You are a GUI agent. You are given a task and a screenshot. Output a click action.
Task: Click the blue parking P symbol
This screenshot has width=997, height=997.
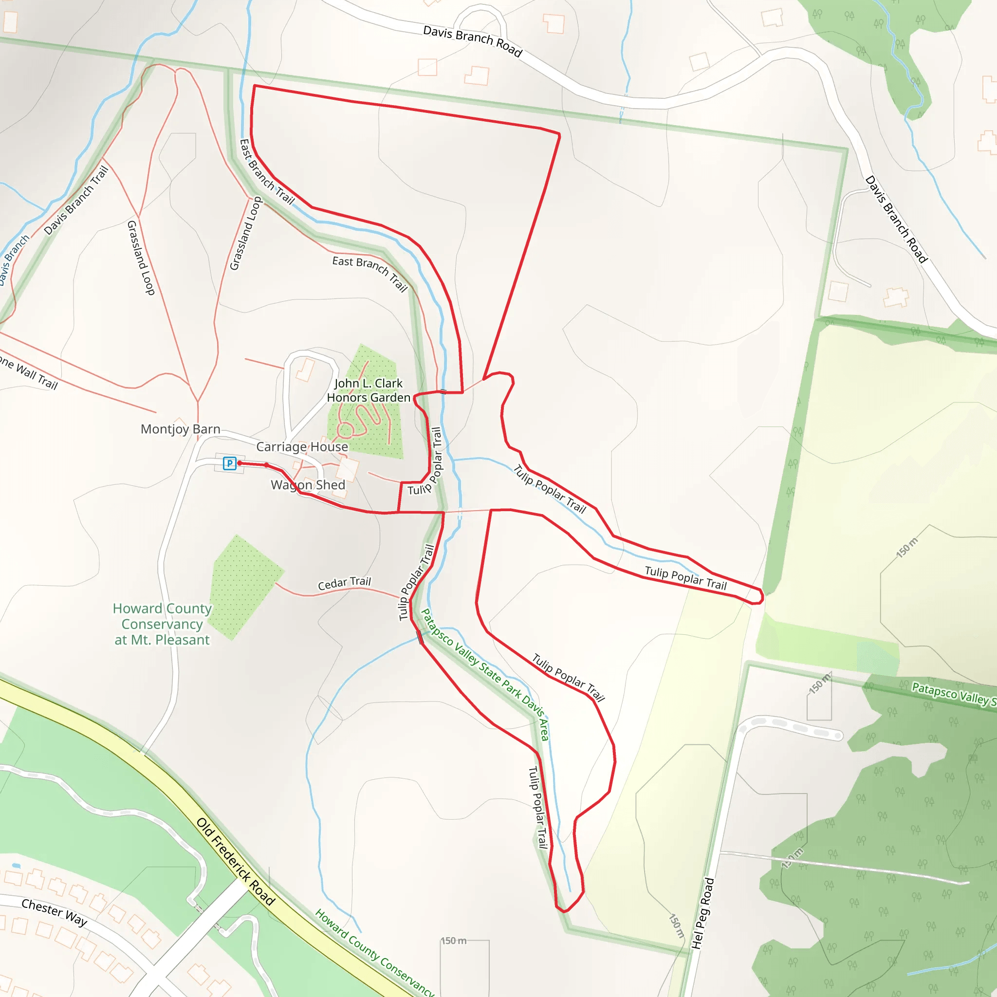(230, 463)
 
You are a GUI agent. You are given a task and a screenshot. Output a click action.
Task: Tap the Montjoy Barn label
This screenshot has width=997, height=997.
(181, 429)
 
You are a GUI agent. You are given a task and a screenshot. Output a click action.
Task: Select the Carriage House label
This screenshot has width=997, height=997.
(302, 447)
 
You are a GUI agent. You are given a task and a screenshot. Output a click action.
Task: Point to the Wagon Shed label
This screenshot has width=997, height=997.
(308, 485)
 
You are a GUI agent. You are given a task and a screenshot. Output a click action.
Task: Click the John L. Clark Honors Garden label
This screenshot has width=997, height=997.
(369, 390)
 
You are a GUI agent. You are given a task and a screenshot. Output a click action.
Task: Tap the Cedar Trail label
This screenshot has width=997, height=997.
(344, 583)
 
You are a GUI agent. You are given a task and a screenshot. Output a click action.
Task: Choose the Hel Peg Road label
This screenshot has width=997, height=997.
(703, 913)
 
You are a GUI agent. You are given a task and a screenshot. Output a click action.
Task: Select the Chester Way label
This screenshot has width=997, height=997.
(54, 912)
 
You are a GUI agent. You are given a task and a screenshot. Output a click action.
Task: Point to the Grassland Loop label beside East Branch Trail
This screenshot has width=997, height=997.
(246, 233)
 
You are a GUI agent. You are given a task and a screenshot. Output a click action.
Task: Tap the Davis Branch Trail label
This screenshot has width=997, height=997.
(76, 200)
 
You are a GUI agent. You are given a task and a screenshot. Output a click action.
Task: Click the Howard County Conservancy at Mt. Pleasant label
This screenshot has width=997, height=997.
(162, 625)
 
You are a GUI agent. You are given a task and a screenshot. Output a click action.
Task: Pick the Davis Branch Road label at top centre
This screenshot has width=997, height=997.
(473, 41)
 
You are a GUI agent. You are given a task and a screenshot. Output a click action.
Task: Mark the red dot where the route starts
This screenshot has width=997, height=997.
(240, 463)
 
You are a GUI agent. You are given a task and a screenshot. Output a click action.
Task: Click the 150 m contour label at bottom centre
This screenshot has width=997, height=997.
(453, 941)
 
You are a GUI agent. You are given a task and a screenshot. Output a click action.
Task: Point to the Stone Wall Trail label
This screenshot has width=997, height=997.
(28, 371)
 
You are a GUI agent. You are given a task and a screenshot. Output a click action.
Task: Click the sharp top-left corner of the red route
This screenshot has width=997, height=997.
(255, 86)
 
